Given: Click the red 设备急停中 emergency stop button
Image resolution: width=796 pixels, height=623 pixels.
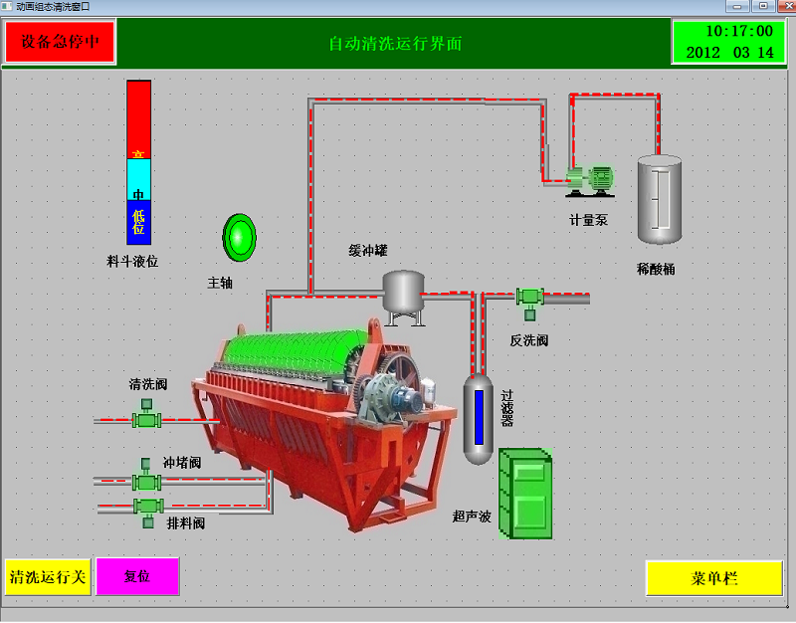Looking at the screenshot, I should click(60, 42).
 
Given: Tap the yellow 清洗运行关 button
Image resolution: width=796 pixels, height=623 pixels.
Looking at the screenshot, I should click(48, 576).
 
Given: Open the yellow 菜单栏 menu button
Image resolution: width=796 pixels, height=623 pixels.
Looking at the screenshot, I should click(714, 578).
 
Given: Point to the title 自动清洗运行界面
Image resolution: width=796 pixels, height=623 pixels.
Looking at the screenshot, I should click(395, 44).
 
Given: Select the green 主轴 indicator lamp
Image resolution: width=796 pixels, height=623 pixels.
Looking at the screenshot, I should click(239, 237).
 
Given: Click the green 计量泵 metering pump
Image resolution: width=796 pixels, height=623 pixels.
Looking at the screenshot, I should click(590, 179).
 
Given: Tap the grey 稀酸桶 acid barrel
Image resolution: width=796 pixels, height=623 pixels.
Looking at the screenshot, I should click(660, 199).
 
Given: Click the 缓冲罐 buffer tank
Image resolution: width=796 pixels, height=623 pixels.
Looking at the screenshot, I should click(403, 293).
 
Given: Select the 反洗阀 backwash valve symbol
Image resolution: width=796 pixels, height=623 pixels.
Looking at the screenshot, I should click(529, 297).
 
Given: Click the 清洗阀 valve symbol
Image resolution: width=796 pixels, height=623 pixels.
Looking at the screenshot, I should click(147, 419).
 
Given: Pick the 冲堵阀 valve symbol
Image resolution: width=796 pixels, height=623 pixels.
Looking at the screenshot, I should click(146, 481).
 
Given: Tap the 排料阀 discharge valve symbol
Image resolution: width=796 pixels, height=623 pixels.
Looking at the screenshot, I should click(147, 507).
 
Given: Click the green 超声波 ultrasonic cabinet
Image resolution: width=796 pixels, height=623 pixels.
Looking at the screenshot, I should click(524, 494).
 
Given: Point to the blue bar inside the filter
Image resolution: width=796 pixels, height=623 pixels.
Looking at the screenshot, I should click(479, 417).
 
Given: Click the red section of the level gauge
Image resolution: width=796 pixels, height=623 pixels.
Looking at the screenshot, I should click(138, 116).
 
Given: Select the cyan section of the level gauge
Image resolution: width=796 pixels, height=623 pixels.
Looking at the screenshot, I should click(138, 179).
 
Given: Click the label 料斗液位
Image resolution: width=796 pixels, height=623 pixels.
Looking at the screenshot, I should click(132, 262).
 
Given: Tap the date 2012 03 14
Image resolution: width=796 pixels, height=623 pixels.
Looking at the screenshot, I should click(729, 52).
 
